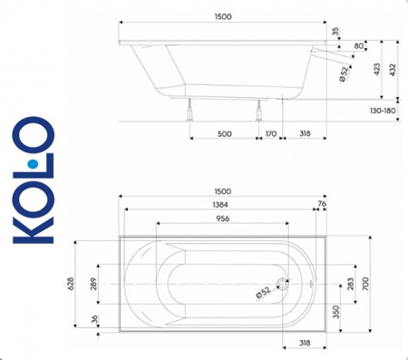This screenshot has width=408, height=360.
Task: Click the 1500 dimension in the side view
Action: tap(223, 17)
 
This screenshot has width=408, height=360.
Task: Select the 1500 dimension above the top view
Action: tap(223, 191)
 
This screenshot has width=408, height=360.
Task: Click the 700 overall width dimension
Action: tap(365, 285)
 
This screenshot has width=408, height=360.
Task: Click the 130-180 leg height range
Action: tap(385, 110)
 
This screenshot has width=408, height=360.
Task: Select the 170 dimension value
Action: tap(270, 134)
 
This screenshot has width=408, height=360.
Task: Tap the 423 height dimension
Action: tap(375, 68)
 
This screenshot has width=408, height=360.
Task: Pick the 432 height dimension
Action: tap(393, 68)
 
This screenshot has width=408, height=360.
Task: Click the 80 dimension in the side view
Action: tap(360, 45)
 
